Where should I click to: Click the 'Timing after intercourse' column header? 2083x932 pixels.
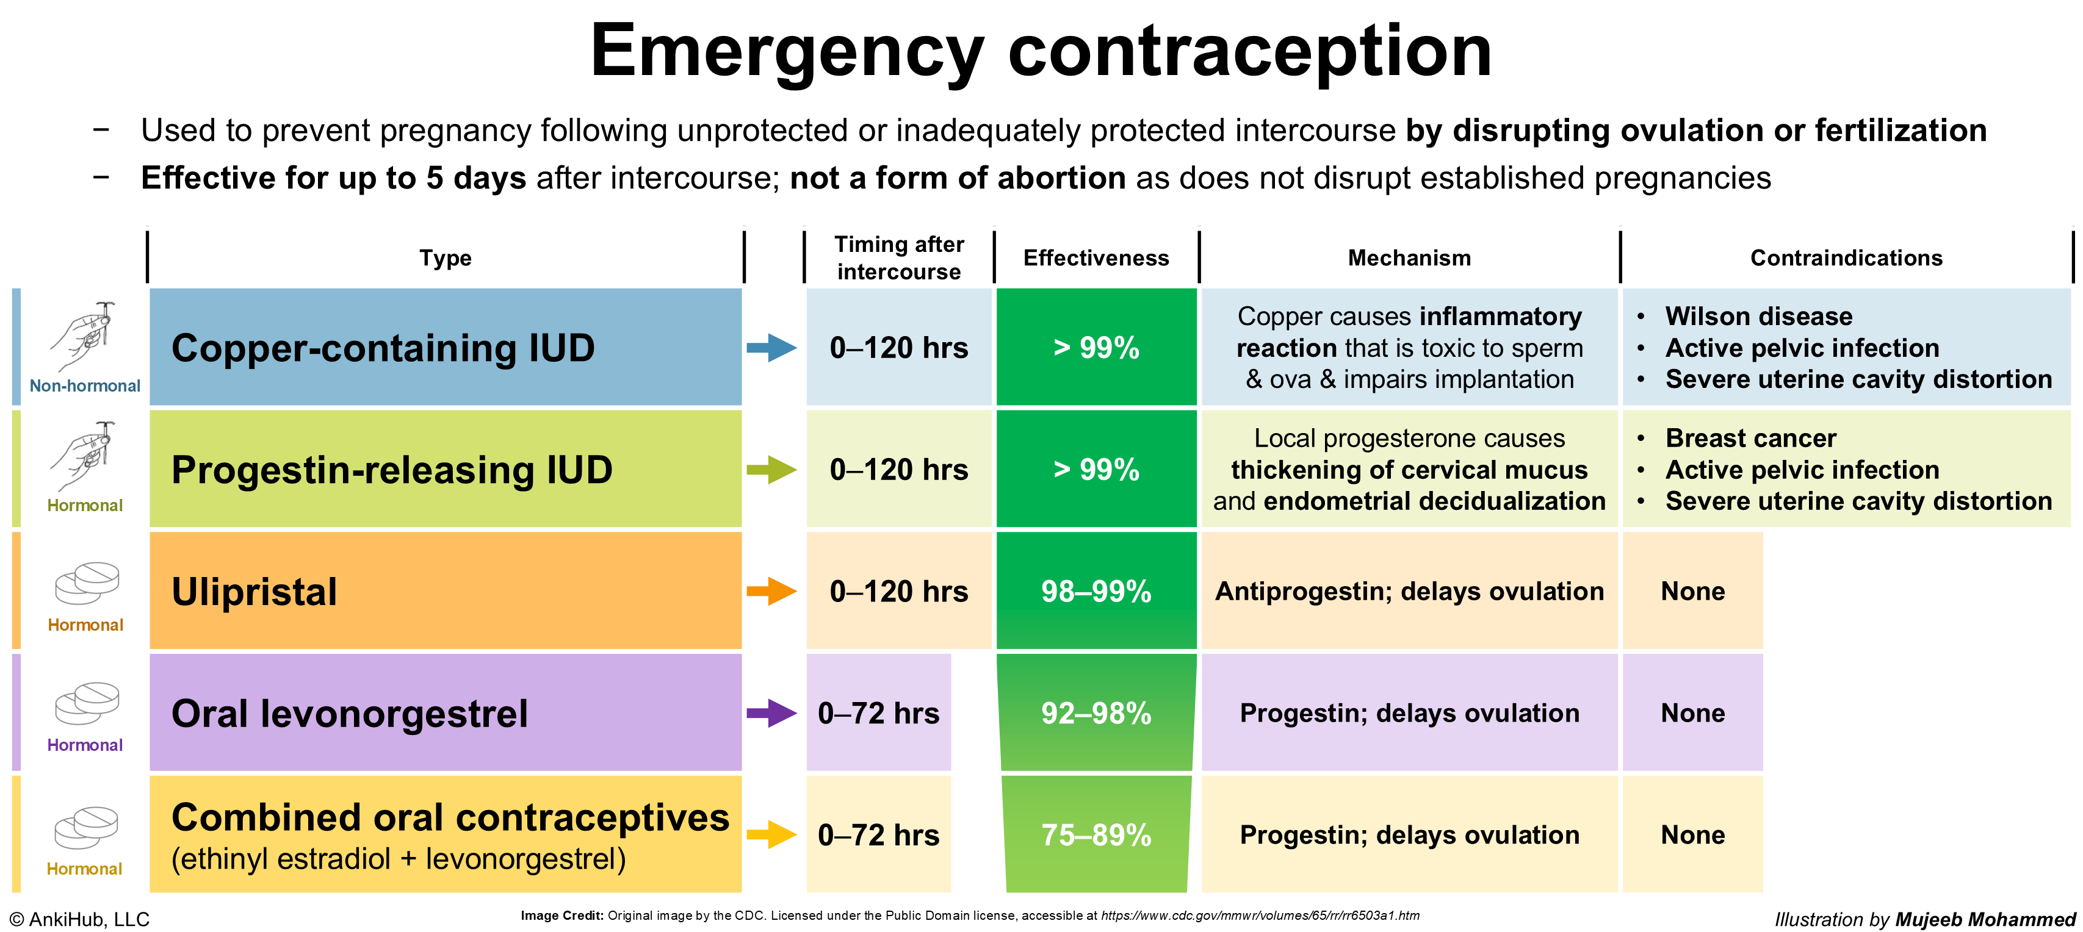[898, 258]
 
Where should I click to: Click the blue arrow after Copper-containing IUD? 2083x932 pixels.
[771, 348]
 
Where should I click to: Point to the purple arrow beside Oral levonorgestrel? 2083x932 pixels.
[771, 713]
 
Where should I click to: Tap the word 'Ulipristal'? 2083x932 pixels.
[254, 592]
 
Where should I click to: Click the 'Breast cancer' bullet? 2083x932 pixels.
[1750, 438]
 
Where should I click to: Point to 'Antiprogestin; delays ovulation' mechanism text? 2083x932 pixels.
[1409, 592]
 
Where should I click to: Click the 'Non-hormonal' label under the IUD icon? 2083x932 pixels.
[85, 386]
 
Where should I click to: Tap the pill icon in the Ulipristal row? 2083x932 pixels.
[87, 582]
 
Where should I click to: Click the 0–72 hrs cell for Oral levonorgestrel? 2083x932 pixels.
[878, 713]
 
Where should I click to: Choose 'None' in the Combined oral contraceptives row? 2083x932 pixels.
[1692, 835]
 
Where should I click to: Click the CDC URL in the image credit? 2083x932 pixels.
[1260, 916]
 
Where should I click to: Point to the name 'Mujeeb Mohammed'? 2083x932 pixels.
[1985, 919]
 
